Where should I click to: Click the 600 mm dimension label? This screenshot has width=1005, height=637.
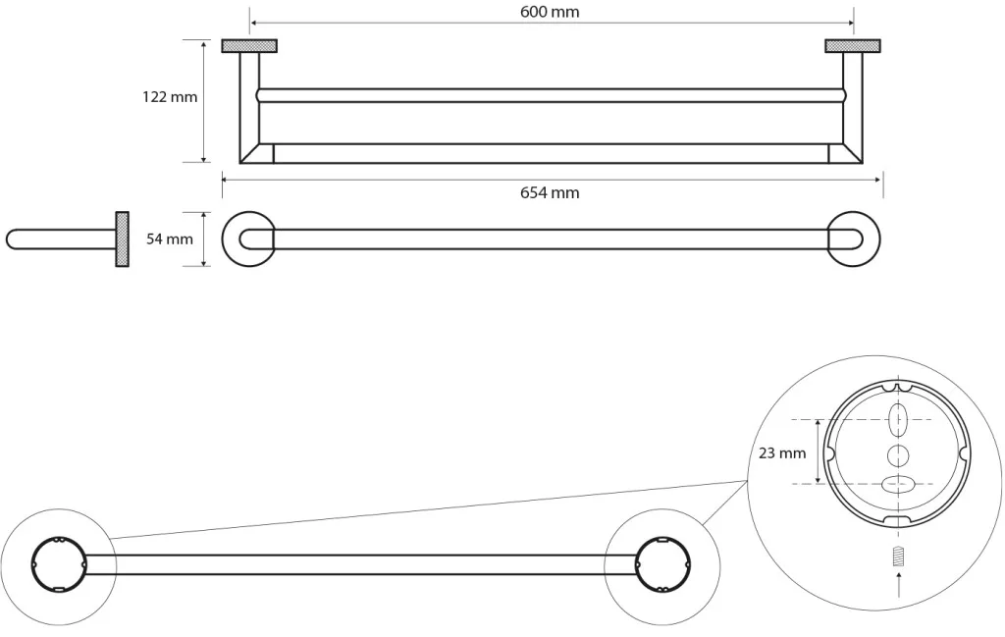550,12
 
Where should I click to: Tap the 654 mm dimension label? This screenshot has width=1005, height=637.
550,193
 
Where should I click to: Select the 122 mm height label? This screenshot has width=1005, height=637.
170,97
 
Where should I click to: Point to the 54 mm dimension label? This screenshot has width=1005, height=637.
170,239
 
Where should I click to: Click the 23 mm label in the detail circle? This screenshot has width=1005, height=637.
782,453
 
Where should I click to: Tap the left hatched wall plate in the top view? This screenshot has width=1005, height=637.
249,45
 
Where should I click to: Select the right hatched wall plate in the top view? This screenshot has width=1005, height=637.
853,45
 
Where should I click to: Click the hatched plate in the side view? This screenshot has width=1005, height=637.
122,239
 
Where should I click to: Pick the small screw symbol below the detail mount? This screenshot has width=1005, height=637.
899,556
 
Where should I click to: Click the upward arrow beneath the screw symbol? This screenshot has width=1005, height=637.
899,585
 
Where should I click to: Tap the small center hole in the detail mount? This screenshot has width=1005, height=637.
898,455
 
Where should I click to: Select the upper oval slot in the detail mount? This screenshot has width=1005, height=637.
899,420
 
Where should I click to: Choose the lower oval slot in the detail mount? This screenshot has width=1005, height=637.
898,485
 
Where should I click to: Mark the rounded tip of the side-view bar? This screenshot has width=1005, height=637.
8,239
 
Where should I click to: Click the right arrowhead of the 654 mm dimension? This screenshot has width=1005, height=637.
878,180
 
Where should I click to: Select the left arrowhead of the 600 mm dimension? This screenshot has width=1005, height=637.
253,24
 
